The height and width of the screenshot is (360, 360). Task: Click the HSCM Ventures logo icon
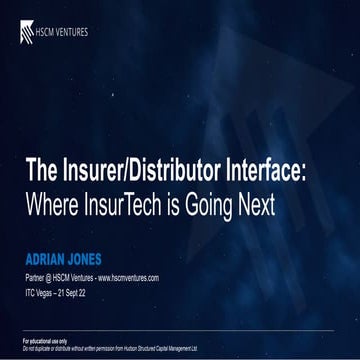[26, 32]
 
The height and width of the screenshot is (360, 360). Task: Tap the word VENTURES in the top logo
[70, 32]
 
